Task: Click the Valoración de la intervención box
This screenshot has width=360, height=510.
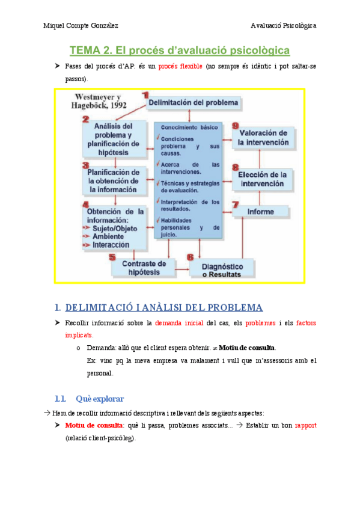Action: pyautogui.click(x=264, y=138)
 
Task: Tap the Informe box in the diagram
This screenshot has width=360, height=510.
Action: pyautogui.click(x=260, y=212)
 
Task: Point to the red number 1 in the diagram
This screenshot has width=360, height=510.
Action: pyautogui.click(x=145, y=94)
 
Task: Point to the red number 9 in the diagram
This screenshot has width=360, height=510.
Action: pyautogui.click(x=236, y=126)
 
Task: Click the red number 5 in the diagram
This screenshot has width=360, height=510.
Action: pyautogui.click(x=112, y=258)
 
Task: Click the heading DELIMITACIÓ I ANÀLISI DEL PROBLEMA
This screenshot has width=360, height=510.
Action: pyautogui.click(x=163, y=308)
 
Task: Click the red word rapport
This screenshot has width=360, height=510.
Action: pyautogui.click(x=305, y=425)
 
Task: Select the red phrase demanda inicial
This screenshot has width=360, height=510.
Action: pyautogui.click(x=180, y=324)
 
